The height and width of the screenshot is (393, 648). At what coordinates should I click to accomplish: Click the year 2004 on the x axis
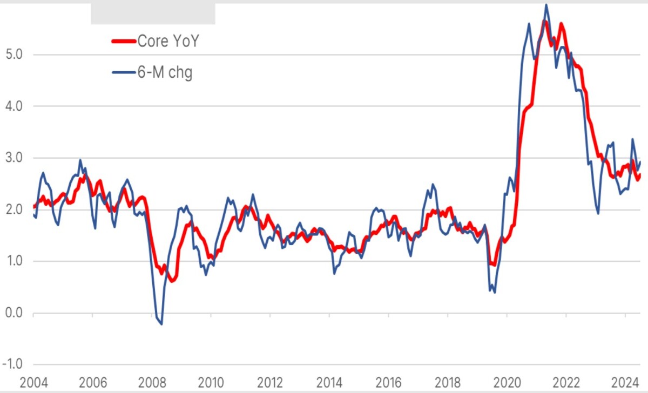[33, 383]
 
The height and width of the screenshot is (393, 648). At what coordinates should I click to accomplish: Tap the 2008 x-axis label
[152, 383]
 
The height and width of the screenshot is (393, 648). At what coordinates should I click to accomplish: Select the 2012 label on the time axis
[270, 383]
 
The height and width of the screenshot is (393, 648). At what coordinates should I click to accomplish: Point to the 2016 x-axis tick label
[388, 383]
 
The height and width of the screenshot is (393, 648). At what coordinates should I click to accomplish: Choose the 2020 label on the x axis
[507, 383]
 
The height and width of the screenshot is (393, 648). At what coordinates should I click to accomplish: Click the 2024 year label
[625, 383]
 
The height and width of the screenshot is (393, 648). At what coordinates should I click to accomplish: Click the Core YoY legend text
[168, 41]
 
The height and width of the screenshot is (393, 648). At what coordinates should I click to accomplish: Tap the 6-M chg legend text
[165, 72]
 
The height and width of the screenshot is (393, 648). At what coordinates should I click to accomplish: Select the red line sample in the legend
[124, 42]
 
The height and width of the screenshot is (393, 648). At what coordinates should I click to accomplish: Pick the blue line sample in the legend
[124, 72]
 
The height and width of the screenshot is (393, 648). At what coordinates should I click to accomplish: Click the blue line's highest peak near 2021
[546, 5]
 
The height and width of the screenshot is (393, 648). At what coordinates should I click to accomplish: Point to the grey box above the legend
[153, 14]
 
